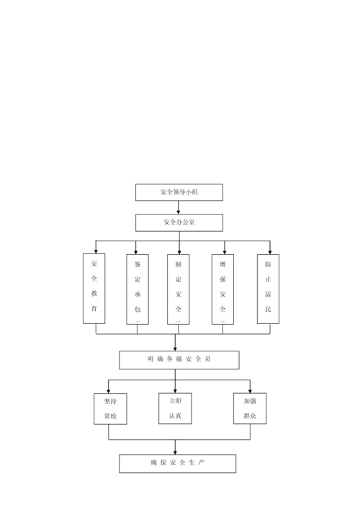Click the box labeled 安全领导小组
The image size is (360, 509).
(x=179, y=192)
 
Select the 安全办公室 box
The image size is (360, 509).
(x=179, y=222)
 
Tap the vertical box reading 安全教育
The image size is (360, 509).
(x=94, y=288)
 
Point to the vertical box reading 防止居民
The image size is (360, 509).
(x=268, y=288)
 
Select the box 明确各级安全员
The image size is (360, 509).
(x=179, y=359)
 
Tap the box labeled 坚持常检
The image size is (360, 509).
(x=110, y=407)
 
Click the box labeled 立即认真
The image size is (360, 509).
(x=175, y=407)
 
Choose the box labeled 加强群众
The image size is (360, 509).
(x=250, y=407)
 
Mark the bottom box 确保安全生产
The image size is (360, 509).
(x=177, y=462)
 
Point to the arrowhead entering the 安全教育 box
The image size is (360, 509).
(x=95, y=251)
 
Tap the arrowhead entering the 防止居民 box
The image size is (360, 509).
(x=269, y=251)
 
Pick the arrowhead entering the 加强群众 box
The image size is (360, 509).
(x=250, y=389)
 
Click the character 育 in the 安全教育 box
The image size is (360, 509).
(x=94, y=307)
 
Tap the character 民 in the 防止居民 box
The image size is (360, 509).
(x=268, y=307)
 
